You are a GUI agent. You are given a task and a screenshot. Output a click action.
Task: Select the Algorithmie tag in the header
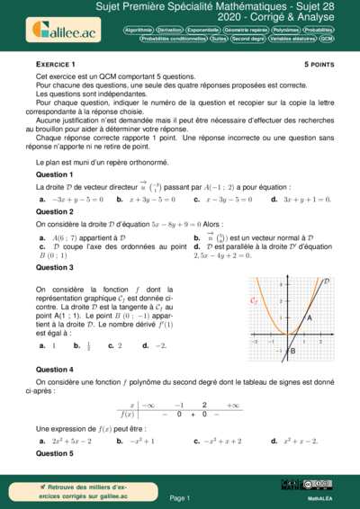(x=140, y=30)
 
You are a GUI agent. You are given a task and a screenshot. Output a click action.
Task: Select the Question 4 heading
(x=54, y=370)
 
